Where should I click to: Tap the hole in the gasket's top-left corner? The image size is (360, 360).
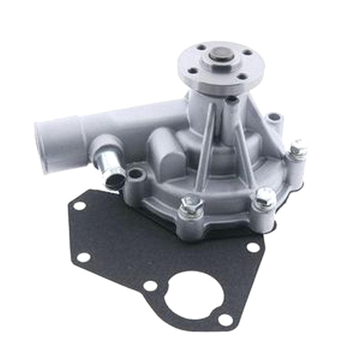pos(79,206)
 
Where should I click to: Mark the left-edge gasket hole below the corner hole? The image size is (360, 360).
pos(82,257)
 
